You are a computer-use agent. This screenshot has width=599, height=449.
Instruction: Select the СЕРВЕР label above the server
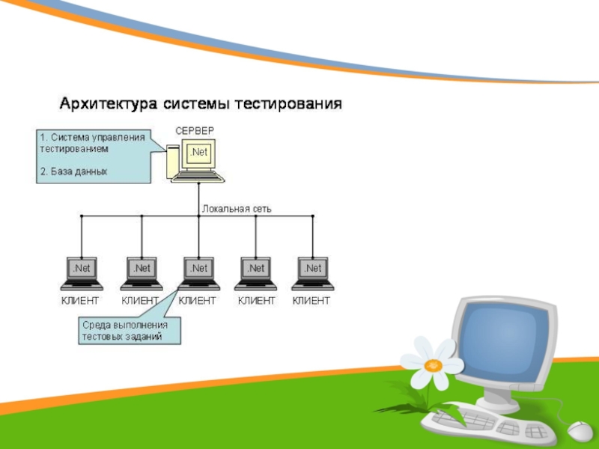195,131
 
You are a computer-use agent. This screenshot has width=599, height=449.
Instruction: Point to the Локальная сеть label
237,209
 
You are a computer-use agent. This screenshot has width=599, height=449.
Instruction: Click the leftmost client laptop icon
82,273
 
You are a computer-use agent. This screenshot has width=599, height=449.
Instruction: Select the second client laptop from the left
141,273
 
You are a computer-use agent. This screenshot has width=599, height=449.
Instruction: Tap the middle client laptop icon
198,273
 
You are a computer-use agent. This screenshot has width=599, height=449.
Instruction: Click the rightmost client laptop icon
313,273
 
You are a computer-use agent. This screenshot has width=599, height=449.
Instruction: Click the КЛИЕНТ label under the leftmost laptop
79,300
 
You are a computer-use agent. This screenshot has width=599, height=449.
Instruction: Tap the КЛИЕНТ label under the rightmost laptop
311,300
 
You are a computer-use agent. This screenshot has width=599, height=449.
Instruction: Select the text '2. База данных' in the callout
73,171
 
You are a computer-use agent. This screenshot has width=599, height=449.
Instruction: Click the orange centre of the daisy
433,364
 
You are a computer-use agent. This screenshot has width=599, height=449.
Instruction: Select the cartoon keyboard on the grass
487,424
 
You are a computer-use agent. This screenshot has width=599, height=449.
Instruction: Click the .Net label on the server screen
199,153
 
